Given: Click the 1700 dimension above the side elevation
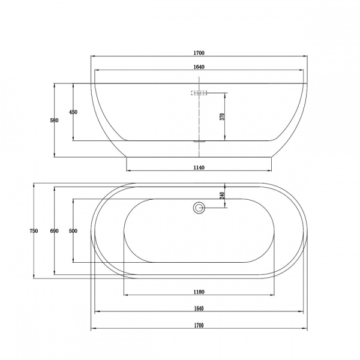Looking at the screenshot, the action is pyautogui.click(x=199, y=53).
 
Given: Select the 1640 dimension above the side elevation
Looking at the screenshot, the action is pyautogui.click(x=199, y=67).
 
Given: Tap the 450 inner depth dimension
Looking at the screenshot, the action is pyautogui.click(x=73, y=112).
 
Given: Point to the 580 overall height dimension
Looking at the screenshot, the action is pyautogui.click(x=55, y=120).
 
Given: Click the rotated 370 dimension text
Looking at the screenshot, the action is pyautogui.click(x=222, y=116).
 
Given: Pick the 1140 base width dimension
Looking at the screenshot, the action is pyautogui.click(x=199, y=167).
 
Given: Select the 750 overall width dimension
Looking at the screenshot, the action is pyautogui.click(x=34, y=231).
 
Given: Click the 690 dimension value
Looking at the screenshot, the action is pyautogui.click(x=55, y=231).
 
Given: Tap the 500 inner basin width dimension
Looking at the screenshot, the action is pyautogui.click(x=73, y=231).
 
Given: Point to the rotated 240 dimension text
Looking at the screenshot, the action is pyautogui.click(x=222, y=196).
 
